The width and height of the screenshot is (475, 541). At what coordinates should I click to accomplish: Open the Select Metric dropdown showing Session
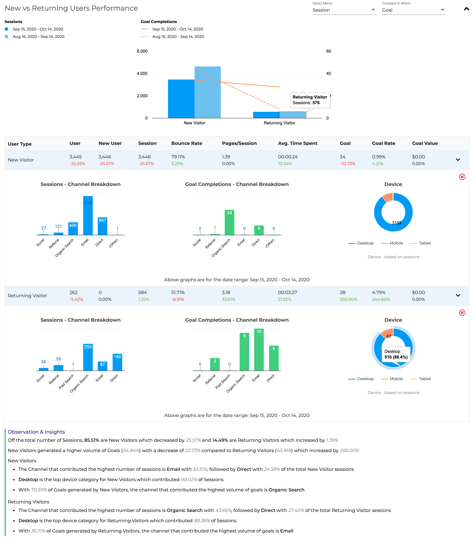pyautogui.click(x=344, y=10)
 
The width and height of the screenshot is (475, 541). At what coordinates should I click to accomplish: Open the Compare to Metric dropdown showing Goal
pyautogui.click(x=413, y=10)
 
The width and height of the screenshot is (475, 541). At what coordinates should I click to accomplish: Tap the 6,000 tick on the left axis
pyautogui.click(x=142, y=51)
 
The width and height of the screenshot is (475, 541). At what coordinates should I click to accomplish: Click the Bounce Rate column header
pyautogui.click(x=187, y=143)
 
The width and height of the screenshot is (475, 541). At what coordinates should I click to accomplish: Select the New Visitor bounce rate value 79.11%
pyautogui.click(x=178, y=157)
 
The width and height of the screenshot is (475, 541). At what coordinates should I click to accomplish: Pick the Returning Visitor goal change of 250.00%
pyautogui.click(x=348, y=299)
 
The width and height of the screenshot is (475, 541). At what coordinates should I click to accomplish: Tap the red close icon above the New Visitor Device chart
pyautogui.click(x=462, y=177)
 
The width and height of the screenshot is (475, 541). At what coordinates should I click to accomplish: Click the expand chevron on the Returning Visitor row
pyautogui.click(x=458, y=295)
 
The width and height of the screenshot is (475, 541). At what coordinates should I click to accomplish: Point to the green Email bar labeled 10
pyautogui.click(x=259, y=349)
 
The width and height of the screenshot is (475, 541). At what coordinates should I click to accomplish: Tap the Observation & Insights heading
pyautogui.click(x=36, y=432)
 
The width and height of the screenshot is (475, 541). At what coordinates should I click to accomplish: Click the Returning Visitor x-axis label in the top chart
pyautogui.click(x=279, y=123)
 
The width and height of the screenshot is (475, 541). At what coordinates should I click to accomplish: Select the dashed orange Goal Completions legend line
pyautogui.click(x=144, y=36)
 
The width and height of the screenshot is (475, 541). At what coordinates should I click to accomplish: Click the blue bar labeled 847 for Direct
pyautogui.click(x=102, y=227)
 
